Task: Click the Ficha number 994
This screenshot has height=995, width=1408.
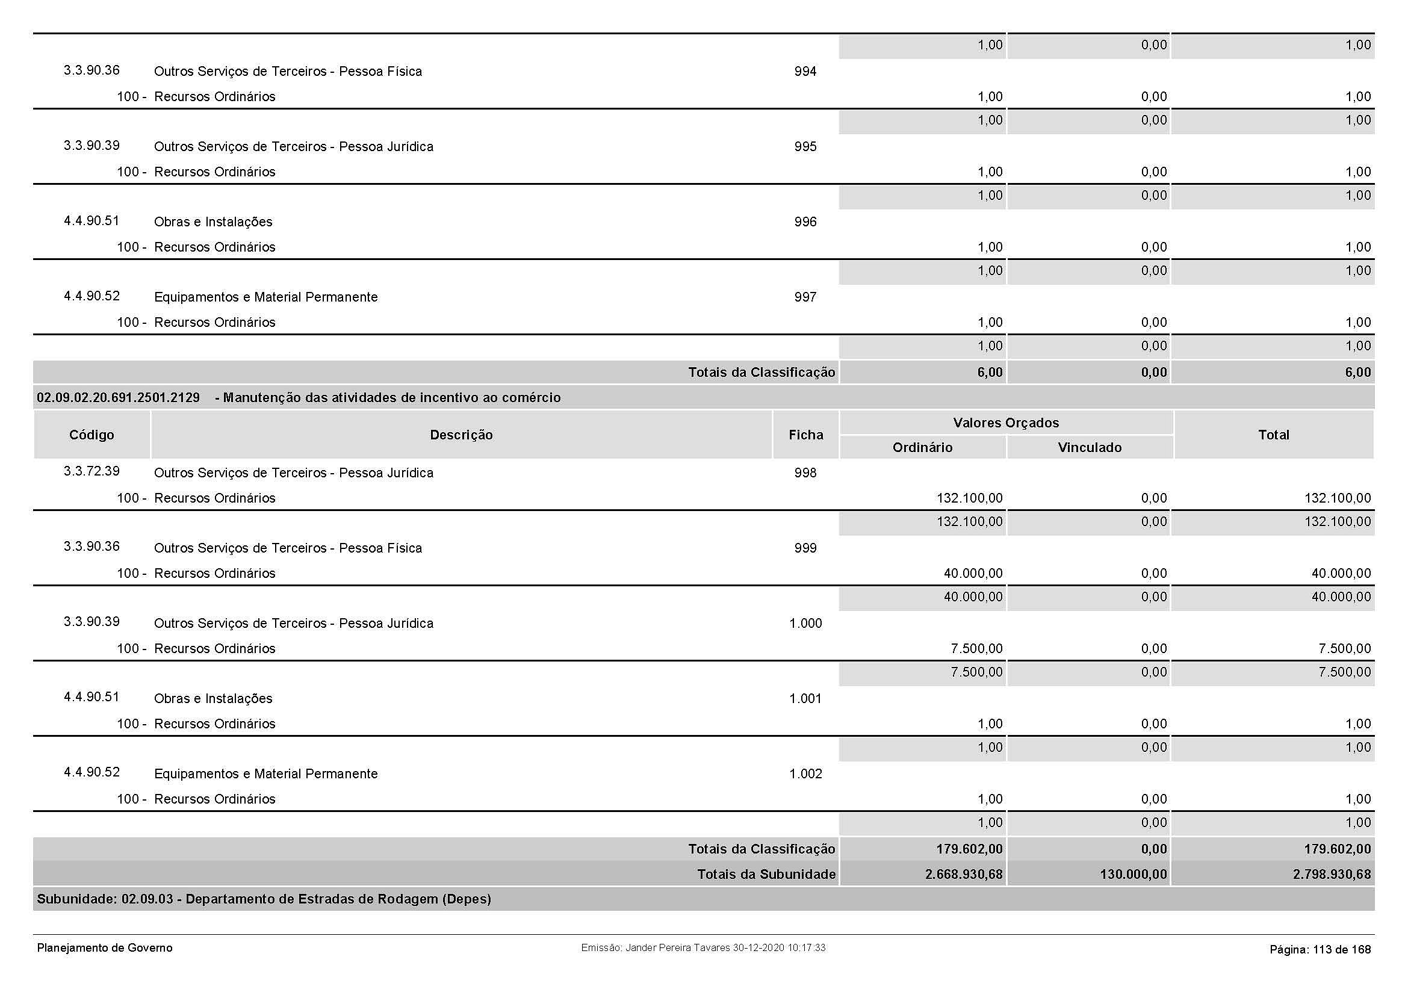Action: (x=805, y=72)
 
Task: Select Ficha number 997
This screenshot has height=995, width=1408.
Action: (x=805, y=297)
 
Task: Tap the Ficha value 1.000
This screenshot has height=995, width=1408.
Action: (x=805, y=624)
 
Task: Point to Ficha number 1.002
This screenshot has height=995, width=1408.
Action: (x=805, y=774)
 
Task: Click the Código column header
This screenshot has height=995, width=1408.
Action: (x=91, y=435)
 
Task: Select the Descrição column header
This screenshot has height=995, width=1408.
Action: (x=461, y=435)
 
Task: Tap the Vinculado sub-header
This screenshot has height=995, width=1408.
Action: (x=1089, y=447)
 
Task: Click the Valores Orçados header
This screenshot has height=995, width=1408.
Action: (x=1006, y=423)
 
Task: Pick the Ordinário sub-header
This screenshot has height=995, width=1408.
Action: (x=922, y=447)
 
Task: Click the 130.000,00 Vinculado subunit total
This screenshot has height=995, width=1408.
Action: (x=1133, y=874)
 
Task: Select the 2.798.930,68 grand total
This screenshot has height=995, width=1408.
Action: (x=1332, y=874)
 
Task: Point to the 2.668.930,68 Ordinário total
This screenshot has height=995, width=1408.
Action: (x=963, y=874)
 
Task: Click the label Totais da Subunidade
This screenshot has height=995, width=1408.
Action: (x=766, y=874)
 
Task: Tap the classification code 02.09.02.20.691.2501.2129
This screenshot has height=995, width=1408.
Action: (x=119, y=398)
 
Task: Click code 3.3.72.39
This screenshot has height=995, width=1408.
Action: (x=91, y=471)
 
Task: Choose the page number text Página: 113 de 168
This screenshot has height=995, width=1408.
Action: (x=1320, y=950)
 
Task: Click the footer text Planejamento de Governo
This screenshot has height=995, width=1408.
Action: (x=105, y=948)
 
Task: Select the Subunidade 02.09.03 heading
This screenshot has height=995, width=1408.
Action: (x=264, y=899)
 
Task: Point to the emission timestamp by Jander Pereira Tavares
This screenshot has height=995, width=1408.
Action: (x=702, y=948)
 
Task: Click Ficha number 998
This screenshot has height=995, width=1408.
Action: (x=805, y=473)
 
